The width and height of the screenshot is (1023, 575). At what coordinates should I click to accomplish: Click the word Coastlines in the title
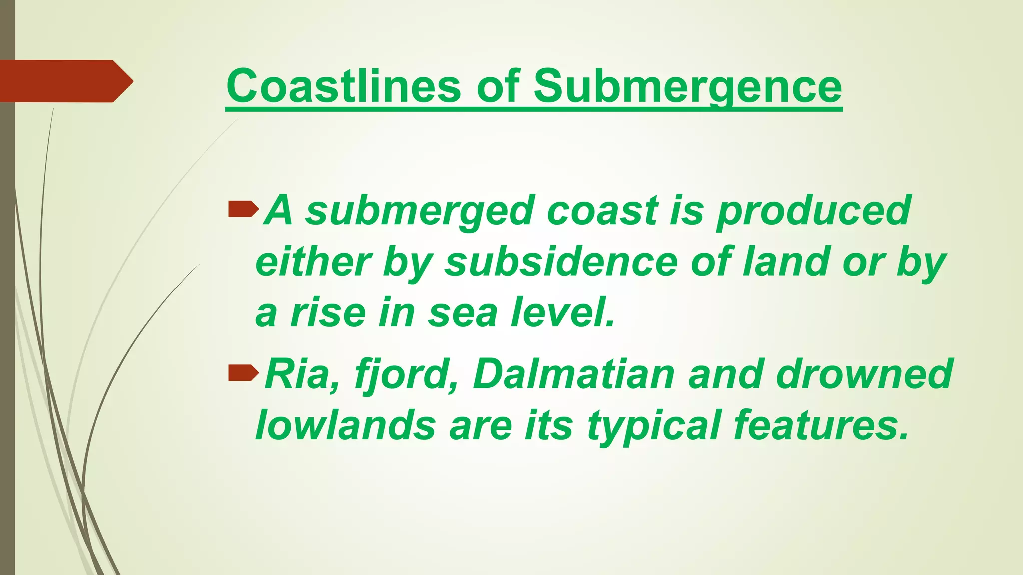click(343, 86)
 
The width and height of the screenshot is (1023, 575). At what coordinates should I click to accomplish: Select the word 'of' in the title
click(497, 86)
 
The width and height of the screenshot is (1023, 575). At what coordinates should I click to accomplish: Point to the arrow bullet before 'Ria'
click(243, 372)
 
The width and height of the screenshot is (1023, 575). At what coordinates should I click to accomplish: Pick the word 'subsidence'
click(560, 262)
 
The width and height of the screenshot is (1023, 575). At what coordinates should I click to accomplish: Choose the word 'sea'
click(463, 313)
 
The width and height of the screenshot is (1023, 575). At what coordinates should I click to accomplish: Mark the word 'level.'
click(562, 312)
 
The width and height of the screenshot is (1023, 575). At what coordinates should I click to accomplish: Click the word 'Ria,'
click(301, 374)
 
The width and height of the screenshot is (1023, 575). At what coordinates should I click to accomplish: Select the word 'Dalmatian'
click(573, 374)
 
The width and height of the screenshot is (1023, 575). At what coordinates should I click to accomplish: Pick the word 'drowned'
click(864, 374)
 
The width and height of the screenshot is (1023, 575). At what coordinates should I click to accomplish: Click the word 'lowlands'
click(345, 425)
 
